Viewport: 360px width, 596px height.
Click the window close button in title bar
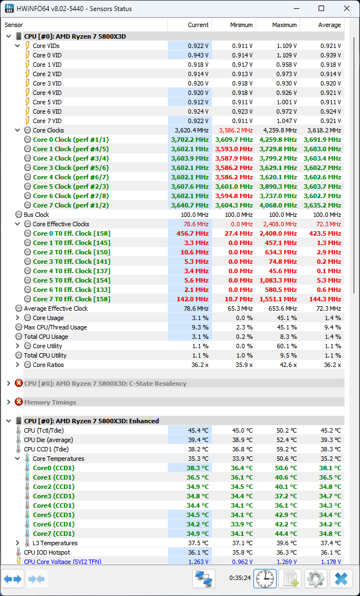click(x=346, y=9)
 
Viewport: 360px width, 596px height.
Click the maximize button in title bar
click(x=321, y=9)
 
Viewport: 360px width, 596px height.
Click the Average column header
click(x=330, y=25)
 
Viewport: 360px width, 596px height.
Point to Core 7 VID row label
click(x=47, y=121)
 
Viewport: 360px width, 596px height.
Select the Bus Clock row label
click(x=36, y=215)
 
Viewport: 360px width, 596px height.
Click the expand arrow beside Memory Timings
click(x=8, y=402)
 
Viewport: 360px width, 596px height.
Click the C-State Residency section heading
click(x=105, y=384)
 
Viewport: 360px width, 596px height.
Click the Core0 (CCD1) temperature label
click(x=54, y=468)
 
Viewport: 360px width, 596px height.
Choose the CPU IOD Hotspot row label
click(x=47, y=552)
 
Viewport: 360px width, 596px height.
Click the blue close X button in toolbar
click(x=341, y=578)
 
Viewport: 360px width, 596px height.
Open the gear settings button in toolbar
click(x=316, y=578)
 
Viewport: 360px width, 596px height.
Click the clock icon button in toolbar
click(x=265, y=578)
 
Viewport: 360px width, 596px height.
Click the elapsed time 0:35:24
click(x=240, y=578)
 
